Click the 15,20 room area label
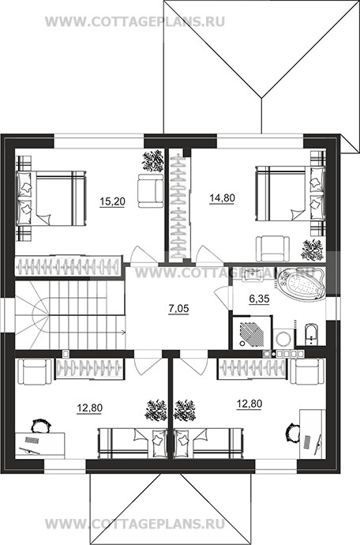[x=112, y=201]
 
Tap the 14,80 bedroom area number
[x=223, y=198]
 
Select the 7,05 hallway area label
[x=178, y=309]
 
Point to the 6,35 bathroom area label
[x=260, y=299]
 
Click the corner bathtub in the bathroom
[x=301, y=285]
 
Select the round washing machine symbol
[x=282, y=338]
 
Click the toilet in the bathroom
[x=311, y=334]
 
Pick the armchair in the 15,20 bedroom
[x=150, y=191]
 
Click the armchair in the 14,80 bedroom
[x=273, y=249]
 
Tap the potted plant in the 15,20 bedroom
[x=153, y=160]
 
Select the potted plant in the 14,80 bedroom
[x=313, y=250]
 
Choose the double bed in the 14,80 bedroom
[x=291, y=194]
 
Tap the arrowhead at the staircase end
[x=123, y=333]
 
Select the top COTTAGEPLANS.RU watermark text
[x=135, y=21]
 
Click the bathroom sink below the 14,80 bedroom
[x=252, y=275]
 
